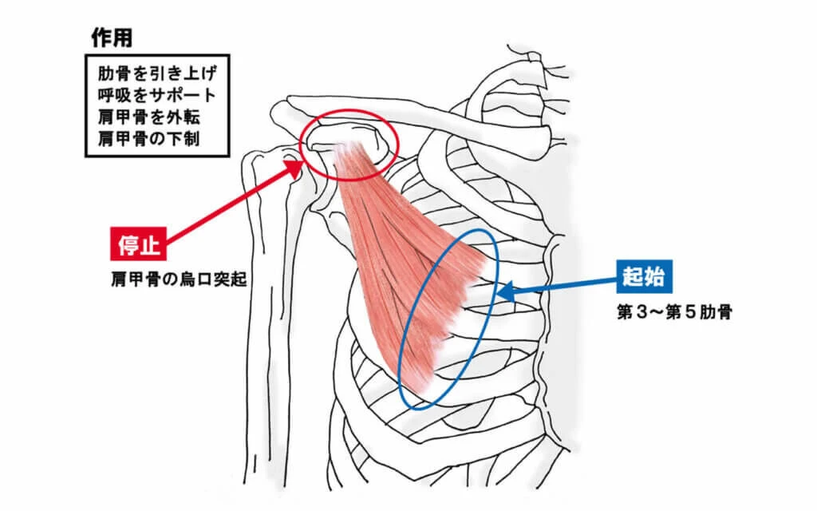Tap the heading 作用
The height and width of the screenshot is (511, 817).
coord(112,38)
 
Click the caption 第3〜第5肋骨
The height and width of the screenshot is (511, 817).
coord(674,312)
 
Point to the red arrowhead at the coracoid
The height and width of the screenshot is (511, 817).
coord(294,167)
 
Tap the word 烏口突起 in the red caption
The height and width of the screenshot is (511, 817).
coord(213,280)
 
